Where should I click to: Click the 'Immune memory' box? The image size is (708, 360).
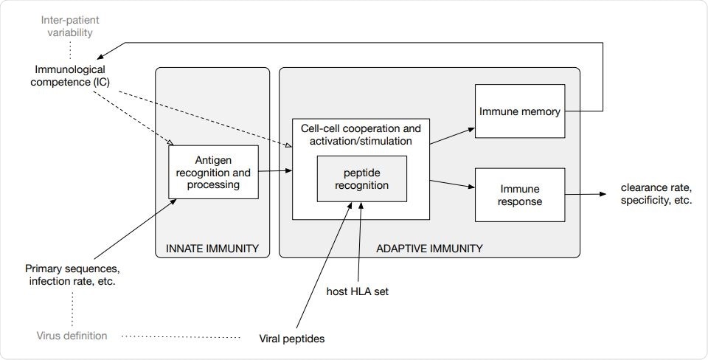tap(520, 111)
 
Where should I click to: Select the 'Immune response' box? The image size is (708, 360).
tap(520, 194)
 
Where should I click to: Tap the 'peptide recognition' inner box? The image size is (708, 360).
tap(361, 179)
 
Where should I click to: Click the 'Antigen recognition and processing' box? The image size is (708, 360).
tap(213, 172)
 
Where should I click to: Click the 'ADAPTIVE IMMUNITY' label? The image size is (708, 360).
tap(429, 249)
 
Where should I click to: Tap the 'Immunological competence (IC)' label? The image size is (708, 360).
tap(71, 75)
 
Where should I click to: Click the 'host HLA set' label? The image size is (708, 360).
tap(358, 291)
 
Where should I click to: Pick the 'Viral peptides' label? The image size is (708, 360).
tap(292, 339)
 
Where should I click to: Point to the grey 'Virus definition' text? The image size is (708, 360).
tap(72, 336)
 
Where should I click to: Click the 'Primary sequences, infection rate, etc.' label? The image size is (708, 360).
tap(72, 274)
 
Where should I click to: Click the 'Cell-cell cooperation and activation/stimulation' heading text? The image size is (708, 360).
tap(361, 134)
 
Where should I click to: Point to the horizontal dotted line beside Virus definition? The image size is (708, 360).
tap(181, 337)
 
